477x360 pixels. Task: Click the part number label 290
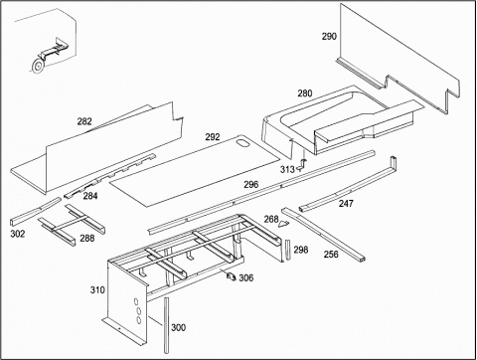tap(329, 36)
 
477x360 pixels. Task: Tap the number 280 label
tap(305, 93)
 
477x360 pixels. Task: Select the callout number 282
tap(84, 121)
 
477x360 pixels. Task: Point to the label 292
tap(213, 136)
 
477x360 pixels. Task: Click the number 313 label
tap(287, 169)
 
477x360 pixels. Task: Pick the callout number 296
tap(251, 184)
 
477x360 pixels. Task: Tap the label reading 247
tap(346, 203)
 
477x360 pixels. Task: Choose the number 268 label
tap(271, 219)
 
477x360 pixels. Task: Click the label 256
tap(331, 254)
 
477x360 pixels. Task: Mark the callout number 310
tap(97, 290)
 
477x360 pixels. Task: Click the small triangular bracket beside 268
tap(283, 224)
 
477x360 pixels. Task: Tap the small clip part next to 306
tap(232, 275)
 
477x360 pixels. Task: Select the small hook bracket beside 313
tap(302, 165)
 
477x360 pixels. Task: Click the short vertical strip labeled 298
tap(287, 249)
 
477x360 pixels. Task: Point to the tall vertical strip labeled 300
tap(166, 325)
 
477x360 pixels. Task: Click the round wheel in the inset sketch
tap(38, 65)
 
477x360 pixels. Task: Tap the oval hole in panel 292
tap(242, 143)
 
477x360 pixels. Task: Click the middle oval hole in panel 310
tap(138, 311)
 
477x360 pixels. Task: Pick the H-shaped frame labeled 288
tap(72, 225)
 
